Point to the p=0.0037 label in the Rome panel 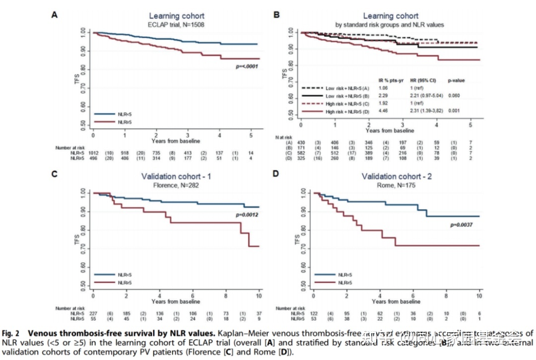pos(462,225)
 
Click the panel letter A pos(55,15)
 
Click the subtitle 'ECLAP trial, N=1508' pos(176,24)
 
